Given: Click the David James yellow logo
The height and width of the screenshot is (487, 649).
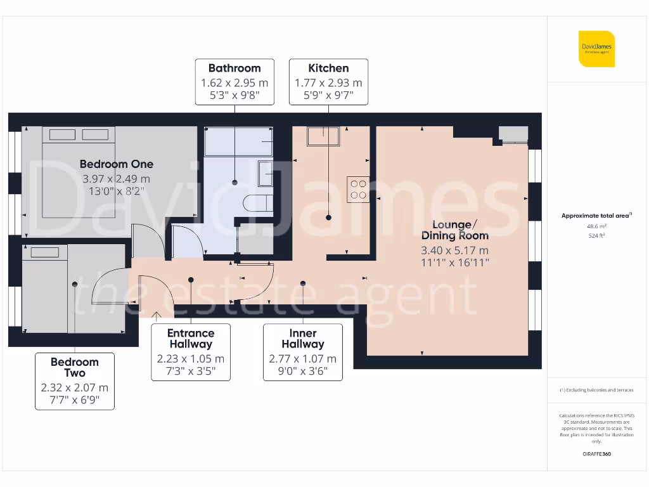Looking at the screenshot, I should point(596,49).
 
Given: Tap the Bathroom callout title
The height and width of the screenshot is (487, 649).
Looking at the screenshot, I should point(235,68).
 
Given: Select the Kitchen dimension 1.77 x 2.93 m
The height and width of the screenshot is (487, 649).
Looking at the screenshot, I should point(328,83).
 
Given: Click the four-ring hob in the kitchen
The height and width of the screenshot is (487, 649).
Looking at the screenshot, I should point(358,188).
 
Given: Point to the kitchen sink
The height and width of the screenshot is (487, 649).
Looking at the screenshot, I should point(323,135).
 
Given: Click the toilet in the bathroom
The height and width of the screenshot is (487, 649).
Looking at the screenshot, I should point(257,204).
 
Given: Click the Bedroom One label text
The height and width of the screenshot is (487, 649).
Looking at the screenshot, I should point(117,164).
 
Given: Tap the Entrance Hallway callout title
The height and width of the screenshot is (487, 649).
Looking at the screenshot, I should point(191,339).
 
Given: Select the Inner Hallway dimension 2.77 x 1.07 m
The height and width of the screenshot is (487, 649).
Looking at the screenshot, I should point(303,359).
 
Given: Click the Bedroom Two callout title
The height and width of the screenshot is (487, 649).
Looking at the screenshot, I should point(75,368).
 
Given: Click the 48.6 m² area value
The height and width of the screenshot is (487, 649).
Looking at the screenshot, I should point(596,226).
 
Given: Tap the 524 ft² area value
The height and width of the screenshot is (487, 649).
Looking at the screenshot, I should point(596,235).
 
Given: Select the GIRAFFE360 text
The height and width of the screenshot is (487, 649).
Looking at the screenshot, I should point(596,454).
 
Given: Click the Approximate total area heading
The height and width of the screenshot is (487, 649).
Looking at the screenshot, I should point(596,216).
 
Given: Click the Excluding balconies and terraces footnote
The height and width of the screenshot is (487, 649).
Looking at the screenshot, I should point(596,391).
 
